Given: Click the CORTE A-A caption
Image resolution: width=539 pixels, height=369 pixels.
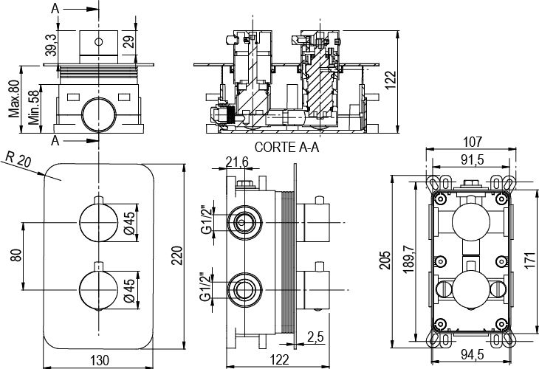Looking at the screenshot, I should tap(286, 147).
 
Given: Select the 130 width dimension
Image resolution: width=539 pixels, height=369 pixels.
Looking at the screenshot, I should tap(100, 359).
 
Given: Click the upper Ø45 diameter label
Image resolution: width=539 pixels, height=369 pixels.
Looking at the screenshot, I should tap(128, 222).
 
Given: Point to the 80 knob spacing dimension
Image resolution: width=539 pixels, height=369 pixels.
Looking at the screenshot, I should tap(16, 255).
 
